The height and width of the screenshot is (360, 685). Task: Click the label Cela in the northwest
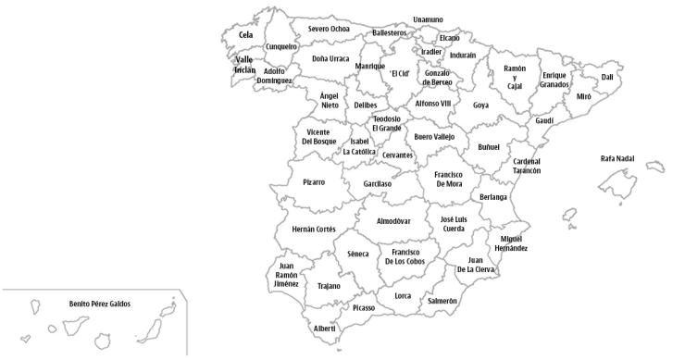click(x=245, y=35)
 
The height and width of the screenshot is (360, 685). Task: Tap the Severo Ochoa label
click(x=329, y=29)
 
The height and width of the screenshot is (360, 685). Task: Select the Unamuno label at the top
click(x=428, y=19)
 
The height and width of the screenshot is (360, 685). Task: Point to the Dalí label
click(x=607, y=77)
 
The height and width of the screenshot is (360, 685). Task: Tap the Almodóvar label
click(x=394, y=221)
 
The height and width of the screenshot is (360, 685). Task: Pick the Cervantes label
click(x=397, y=155)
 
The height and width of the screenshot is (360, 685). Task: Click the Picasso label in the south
click(x=364, y=307)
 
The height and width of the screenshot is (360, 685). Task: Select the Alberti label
click(x=325, y=329)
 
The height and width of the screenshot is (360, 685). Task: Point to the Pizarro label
click(x=314, y=182)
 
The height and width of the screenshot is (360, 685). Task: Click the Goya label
click(x=480, y=105)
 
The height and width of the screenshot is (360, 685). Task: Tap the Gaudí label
click(x=544, y=120)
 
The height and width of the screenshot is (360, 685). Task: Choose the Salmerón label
click(x=442, y=301)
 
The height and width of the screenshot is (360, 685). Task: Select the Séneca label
click(x=357, y=254)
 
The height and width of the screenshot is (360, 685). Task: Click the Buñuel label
click(x=489, y=146)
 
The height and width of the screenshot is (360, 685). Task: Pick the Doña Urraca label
click(x=330, y=58)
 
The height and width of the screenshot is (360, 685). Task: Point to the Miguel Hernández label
click(x=511, y=242)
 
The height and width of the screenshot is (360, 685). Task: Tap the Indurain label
click(x=463, y=56)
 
